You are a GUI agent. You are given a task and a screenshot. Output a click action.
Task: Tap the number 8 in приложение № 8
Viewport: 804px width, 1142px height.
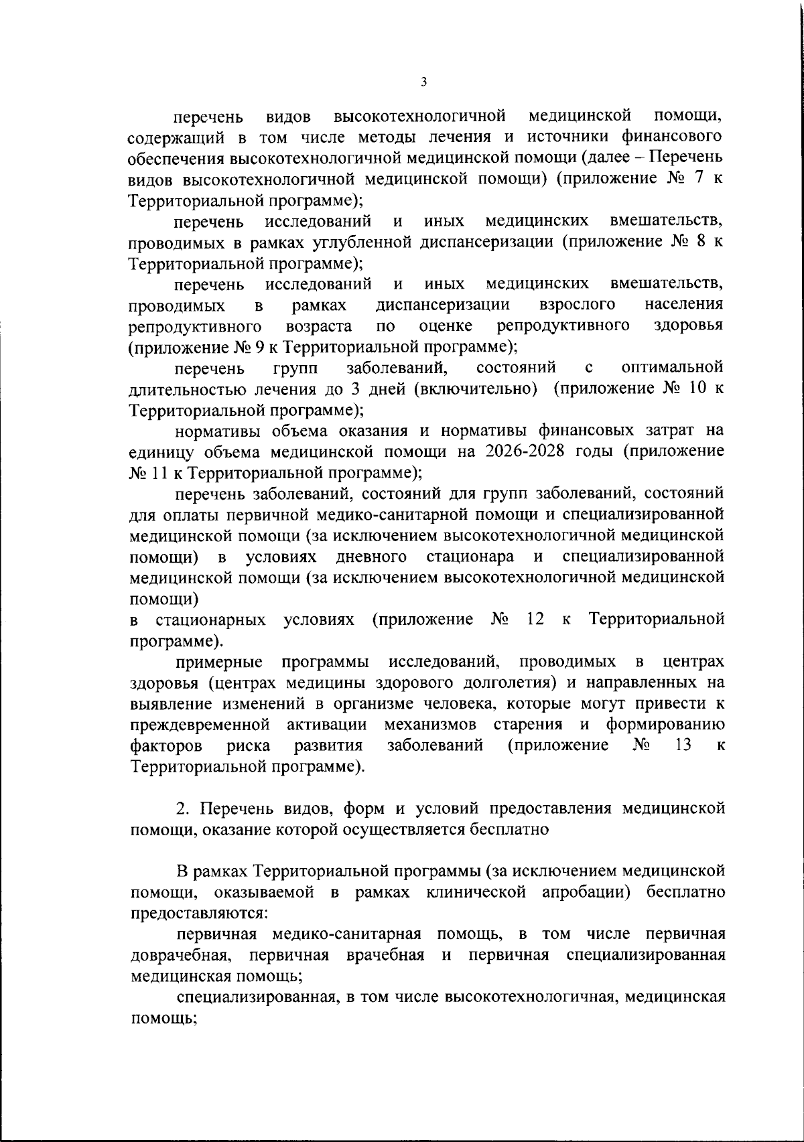699,242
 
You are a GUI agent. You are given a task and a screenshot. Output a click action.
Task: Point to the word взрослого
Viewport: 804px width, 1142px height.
577,305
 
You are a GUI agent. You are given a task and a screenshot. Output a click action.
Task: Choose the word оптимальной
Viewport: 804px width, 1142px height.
673,367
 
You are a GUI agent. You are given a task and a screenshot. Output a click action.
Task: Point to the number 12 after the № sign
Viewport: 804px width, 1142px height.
535,620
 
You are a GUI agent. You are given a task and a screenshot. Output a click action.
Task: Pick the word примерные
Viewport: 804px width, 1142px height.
219,662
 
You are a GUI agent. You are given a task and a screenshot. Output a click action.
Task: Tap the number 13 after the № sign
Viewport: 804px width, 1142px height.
683,745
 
